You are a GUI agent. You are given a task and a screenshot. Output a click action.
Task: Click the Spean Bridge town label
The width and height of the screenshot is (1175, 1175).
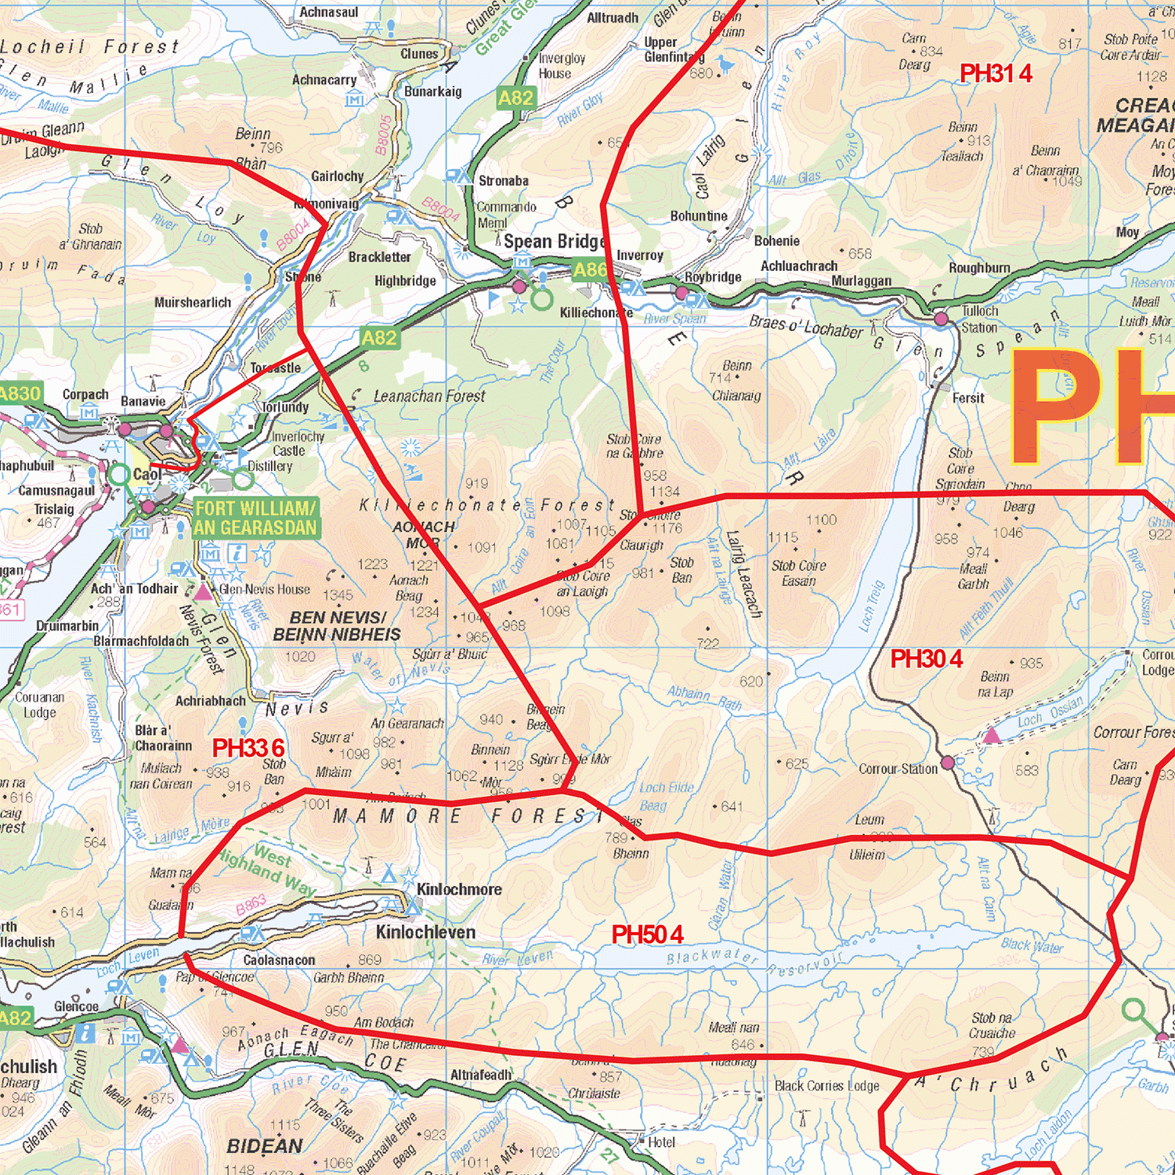coord(554,241)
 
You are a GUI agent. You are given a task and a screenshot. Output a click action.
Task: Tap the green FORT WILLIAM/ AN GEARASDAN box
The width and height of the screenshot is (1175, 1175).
coord(255,519)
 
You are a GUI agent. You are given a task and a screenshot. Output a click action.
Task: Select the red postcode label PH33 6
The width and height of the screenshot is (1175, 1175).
coord(248,748)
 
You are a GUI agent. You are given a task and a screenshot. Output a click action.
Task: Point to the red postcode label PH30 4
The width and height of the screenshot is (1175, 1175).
coord(927,659)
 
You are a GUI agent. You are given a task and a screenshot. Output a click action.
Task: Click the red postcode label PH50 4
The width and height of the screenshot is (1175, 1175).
coord(647,935)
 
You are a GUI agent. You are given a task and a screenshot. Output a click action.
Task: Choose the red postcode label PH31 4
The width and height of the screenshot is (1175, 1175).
coord(996,74)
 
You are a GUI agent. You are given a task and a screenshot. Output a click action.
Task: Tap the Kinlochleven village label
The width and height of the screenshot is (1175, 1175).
coord(425,932)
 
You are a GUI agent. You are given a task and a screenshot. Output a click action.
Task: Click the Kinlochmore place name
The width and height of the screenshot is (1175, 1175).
coord(459,889)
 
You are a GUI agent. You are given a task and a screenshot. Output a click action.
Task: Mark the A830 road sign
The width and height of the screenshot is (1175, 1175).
coord(19,393)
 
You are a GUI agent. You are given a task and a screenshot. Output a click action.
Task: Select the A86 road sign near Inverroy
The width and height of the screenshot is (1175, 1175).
coord(590,270)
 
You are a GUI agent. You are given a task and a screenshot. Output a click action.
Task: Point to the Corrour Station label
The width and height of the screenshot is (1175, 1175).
coord(898,769)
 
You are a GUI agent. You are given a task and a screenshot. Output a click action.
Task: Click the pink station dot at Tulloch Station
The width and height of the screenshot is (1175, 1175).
coord(941,319)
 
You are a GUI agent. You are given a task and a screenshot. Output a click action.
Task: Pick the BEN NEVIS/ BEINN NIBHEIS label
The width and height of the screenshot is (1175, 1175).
coord(337,626)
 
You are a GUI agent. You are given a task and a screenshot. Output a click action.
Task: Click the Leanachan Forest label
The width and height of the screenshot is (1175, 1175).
coord(428,396)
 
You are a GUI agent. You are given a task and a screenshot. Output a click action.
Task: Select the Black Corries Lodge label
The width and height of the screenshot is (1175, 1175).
coord(826,1086)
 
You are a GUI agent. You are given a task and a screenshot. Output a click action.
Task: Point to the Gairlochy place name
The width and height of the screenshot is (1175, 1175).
coord(337,176)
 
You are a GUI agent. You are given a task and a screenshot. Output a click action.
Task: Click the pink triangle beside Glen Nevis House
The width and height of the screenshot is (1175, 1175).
coord(204,591)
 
